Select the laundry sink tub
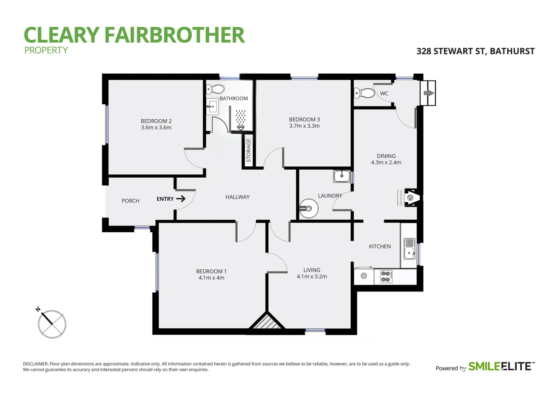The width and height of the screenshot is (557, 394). point(342,177)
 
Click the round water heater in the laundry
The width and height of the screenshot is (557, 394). point(308,209)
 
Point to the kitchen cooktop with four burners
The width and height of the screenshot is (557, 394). point(386,277)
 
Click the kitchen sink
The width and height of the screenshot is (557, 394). point(409,248)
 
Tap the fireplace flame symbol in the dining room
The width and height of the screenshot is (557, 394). point(410,198)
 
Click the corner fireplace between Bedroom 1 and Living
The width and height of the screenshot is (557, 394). point(267,322)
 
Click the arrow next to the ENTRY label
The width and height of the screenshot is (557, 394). point(181,199)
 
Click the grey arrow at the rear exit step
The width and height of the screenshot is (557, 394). point(428,93)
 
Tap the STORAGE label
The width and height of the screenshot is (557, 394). point(249,151)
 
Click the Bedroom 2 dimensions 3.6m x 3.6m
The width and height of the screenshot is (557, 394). point(156,128)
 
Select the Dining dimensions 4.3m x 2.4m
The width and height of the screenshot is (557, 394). point(386,163)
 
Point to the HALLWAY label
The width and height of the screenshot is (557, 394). point(237,197)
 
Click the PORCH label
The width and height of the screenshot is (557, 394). point(131,201)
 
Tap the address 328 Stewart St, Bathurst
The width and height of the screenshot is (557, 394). point(475,51)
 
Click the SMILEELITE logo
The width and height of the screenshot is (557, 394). point(501,367)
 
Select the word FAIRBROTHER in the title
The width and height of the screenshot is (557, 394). point(174,35)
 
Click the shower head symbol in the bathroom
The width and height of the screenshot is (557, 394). point(241,127)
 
